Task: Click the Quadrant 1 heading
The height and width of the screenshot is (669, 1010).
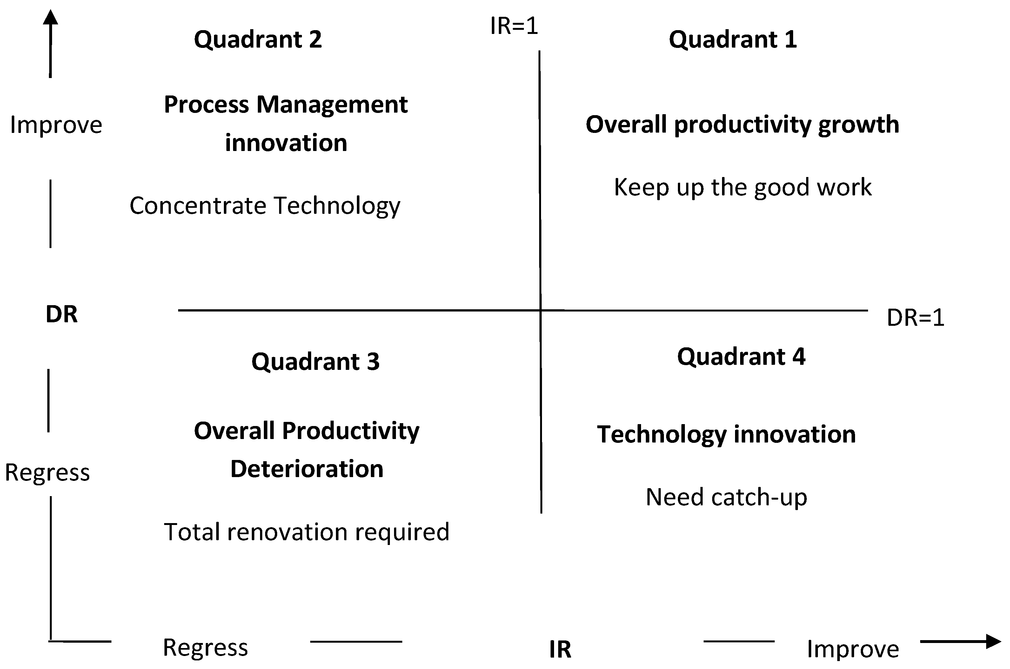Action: [732, 39]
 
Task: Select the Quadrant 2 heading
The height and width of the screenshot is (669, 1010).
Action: [258, 39]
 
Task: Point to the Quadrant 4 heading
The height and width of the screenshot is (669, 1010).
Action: [741, 356]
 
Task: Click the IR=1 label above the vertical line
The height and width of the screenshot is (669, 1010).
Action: [514, 26]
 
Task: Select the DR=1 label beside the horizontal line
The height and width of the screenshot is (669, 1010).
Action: [915, 318]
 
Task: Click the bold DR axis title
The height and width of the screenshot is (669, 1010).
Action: [62, 314]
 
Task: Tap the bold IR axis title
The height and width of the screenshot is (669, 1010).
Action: [560, 649]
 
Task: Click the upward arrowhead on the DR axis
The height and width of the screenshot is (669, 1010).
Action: [50, 17]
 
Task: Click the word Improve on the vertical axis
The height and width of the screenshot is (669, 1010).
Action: [56, 125]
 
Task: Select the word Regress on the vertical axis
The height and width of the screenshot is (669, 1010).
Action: [47, 472]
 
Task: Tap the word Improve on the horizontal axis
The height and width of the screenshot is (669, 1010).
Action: [853, 649]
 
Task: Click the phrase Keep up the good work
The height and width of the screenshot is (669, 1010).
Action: [742, 187]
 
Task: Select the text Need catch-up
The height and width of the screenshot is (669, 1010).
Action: [726, 497]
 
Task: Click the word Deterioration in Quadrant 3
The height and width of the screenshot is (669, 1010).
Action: [307, 469]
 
